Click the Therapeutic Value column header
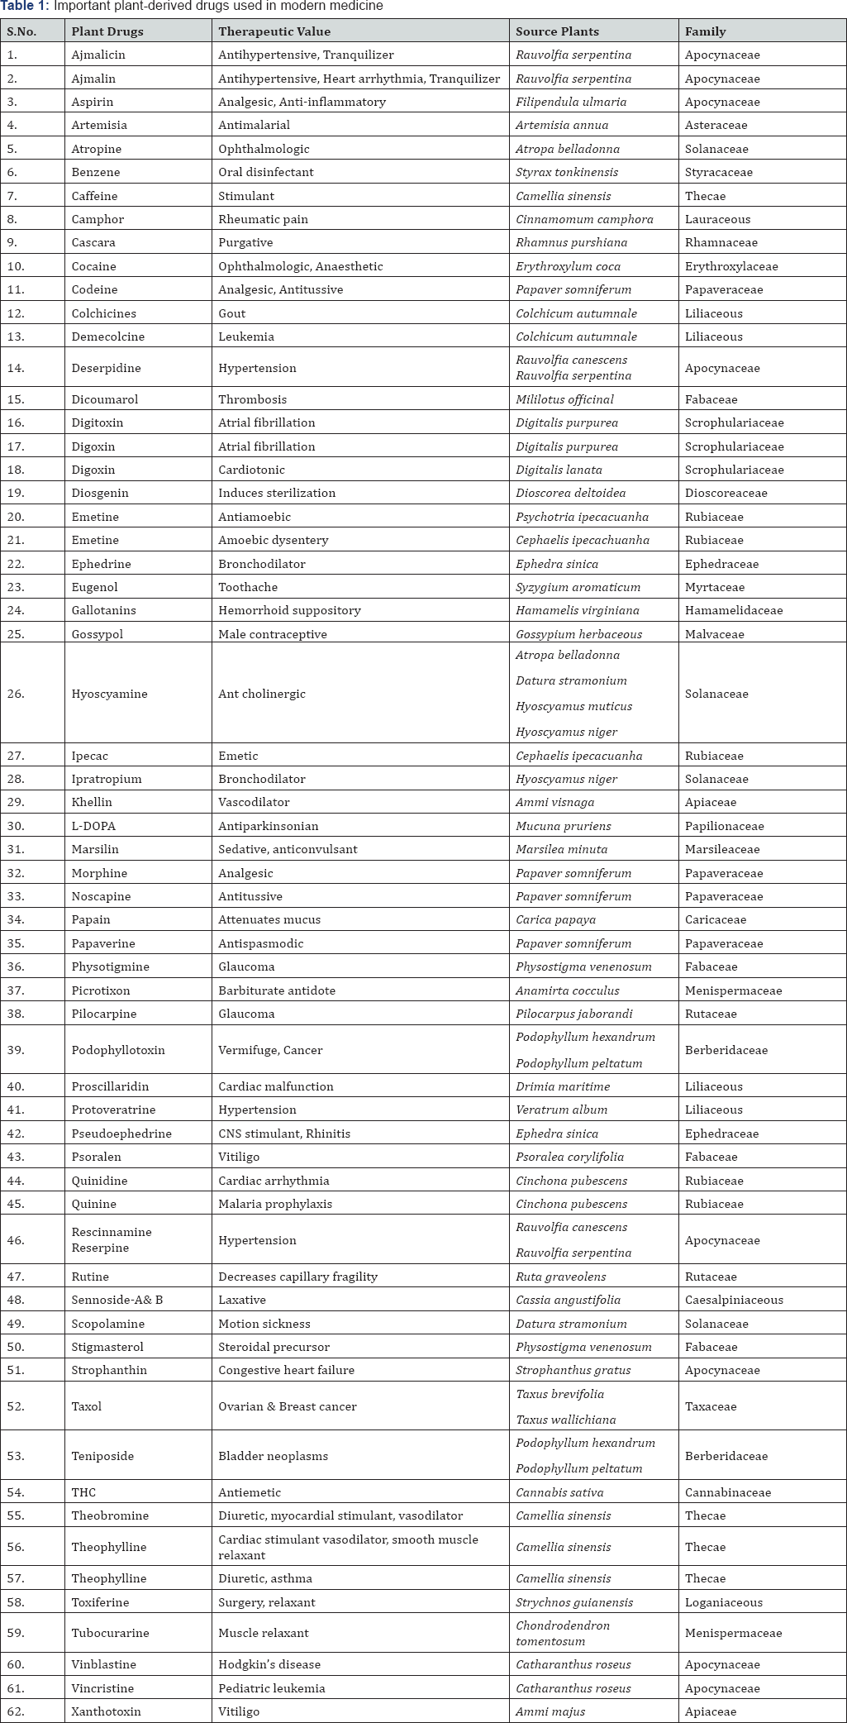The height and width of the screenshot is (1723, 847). [x=274, y=31]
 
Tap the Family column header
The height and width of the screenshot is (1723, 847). [x=705, y=31]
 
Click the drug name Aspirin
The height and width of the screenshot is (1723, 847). [x=93, y=102]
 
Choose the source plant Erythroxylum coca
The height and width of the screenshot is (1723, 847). [x=568, y=266]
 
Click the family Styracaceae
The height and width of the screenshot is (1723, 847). [x=718, y=172]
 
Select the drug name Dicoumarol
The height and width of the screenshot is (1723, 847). [x=105, y=399]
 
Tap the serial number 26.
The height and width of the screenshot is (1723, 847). [x=16, y=694]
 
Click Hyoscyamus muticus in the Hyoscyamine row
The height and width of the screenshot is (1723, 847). [x=573, y=706]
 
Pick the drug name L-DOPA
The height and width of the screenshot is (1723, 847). [x=93, y=826]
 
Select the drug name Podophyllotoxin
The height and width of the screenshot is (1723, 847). [x=118, y=1050]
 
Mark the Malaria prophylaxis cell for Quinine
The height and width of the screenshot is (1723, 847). [x=275, y=1204]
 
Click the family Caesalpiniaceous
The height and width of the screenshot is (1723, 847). [x=734, y=1300]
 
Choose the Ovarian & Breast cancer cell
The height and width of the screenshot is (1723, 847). [x=288, y=1406]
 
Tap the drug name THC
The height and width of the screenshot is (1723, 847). [x=83, y=1492]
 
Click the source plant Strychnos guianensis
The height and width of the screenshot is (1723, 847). [x=574, y=1602]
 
